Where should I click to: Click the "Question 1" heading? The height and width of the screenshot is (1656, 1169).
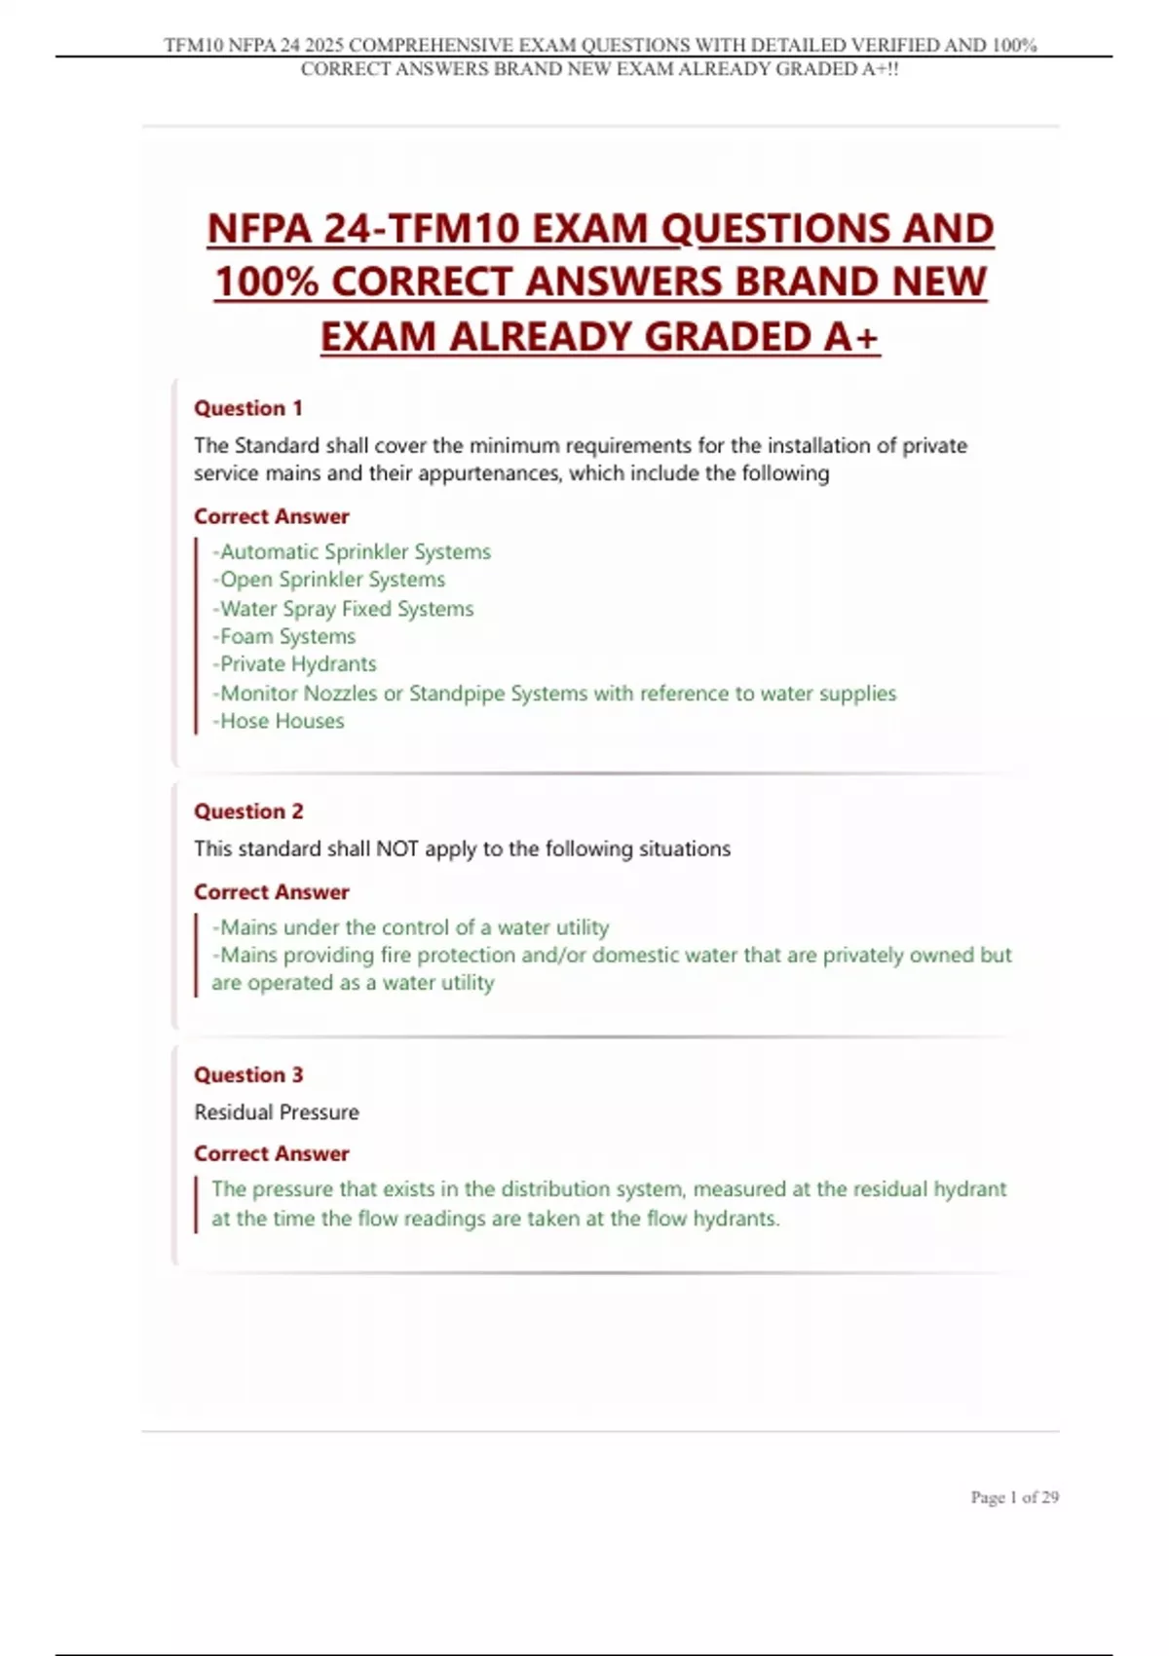(248, 408)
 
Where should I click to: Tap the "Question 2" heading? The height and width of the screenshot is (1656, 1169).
(248, 811)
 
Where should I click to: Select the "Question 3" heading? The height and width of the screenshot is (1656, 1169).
(248, 1074)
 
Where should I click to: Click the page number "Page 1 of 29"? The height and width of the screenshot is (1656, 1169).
(1014, 1497)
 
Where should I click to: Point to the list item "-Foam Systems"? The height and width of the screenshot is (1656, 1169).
(284, 637)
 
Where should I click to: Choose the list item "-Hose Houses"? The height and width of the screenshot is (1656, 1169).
(279, 722)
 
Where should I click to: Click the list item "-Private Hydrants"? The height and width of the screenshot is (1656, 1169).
(294, 664)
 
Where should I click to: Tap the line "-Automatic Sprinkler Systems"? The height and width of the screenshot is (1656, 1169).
(352, 552)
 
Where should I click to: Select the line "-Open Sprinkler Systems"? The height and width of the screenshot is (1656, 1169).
(329, 581)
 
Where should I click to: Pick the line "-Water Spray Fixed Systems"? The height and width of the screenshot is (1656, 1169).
(343, 609)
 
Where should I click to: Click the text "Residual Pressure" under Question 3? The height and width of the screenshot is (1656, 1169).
(277, 1112)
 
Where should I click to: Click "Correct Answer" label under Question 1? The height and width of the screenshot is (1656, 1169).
(271, 516)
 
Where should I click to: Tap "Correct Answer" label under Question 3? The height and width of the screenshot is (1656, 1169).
(271, 1153)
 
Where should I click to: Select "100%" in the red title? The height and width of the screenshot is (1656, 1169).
(266, 282)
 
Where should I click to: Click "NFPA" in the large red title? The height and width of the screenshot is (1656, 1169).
(258, 230)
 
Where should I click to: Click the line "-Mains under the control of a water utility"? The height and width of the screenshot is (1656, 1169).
(410, 927)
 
